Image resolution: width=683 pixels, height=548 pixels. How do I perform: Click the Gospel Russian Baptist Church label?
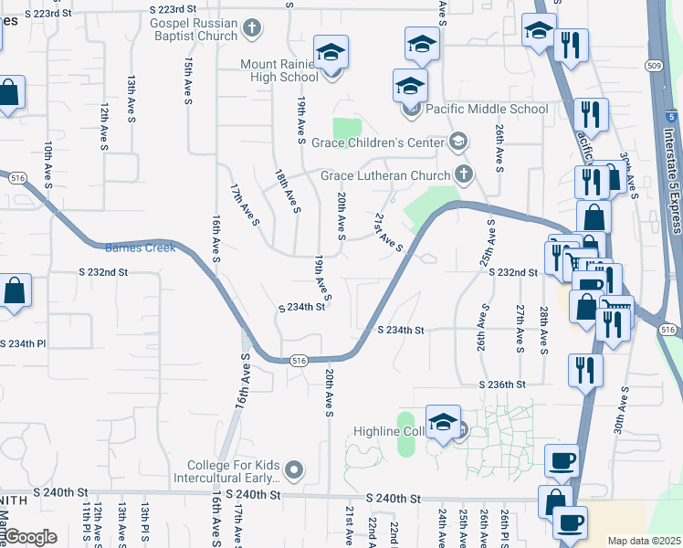pos(189,29)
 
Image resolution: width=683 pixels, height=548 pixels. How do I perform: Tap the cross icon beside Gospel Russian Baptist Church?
pos(253,30)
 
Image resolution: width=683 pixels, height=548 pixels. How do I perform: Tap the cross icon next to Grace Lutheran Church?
pos(464,174)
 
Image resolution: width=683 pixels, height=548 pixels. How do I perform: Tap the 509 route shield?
pos(654,65)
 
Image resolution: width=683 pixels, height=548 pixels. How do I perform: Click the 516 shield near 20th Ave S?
pos(298,362)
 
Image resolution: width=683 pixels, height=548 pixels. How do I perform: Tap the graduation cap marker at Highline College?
pos(443,422)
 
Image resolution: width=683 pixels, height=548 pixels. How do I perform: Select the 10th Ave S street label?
pos(48,164)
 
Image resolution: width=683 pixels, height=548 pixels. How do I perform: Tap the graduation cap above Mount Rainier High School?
pos(331,52)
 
